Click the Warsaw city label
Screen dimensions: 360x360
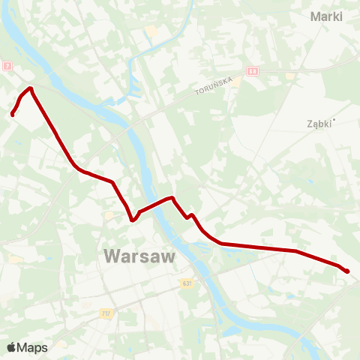click(x=139, y=256)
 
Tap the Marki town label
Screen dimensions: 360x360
click(x=326, y=16)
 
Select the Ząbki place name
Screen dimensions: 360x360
click(x=319, y=124)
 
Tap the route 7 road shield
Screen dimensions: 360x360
click(x=7, y=67)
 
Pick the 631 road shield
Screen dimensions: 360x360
click(x=187, y=283)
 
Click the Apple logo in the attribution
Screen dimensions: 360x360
click(x=11, y=347)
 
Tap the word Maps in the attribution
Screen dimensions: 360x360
click(x=32, y=347)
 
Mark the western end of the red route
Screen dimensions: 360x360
click(x=13, y=114)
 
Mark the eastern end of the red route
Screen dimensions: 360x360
click(x=346, y=271)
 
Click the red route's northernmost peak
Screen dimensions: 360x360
click(x=31, y=88)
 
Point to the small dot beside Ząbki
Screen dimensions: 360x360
click(x=334, y=120)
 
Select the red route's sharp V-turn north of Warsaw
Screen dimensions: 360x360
click(x=132, y=220)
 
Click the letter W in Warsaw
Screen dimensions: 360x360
click(x=111, y=256)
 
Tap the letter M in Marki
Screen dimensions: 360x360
click(x=315, y=16)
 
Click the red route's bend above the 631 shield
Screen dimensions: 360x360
click(x=191, y=216)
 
